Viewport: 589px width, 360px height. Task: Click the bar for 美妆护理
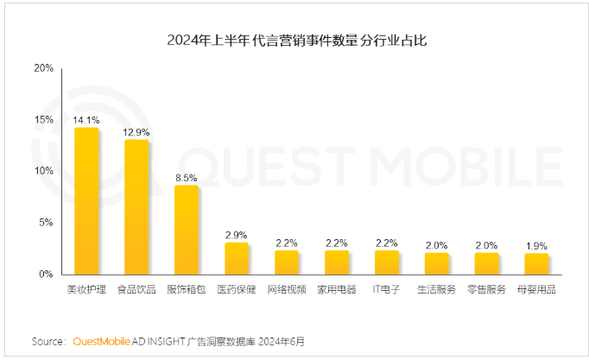tap(86, 200)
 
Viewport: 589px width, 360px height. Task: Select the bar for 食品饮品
tap(136, 206)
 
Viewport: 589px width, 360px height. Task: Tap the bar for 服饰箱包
tap(187, 230)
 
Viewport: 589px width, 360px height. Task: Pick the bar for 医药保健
tap(237, 258)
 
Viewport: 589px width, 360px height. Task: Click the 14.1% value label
tap(86, 120)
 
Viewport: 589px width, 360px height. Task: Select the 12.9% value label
tap(136, 132)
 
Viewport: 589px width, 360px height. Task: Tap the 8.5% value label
tap(187, 177)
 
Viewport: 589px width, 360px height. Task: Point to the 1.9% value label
tap(537, 245)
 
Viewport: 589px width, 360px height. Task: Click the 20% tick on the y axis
tap(43, 67)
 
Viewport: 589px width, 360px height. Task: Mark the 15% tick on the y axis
tap(43, 119)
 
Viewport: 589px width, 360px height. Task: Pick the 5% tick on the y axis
tap(46, 222)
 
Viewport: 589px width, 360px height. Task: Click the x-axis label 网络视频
tap(287, 289)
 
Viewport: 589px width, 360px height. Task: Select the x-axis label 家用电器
tap(337, 289)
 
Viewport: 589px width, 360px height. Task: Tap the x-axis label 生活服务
tap(437, 289)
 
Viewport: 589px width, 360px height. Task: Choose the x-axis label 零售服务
tap(487, 289)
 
